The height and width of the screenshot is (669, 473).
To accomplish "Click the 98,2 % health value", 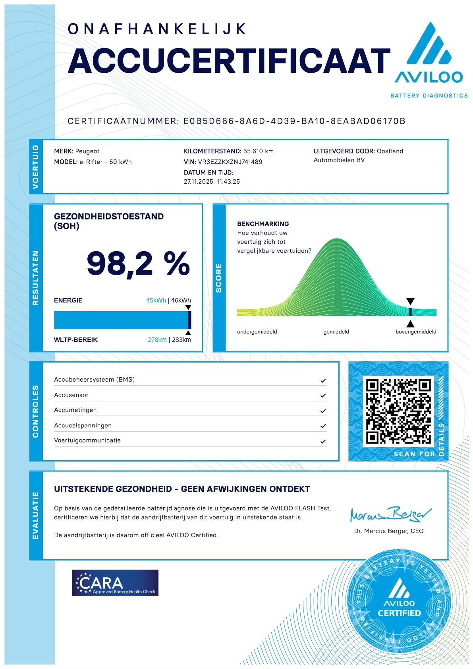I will click(138, 264).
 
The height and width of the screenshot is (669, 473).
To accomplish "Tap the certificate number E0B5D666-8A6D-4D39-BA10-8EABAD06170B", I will click(294, 121).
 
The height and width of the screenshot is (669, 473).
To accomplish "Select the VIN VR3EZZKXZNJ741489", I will click(230, 162).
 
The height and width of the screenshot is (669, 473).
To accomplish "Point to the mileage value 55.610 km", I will click(259, 151).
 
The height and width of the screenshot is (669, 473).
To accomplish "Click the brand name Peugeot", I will click(87, 151).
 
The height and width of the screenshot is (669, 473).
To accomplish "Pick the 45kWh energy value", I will click(156, 301).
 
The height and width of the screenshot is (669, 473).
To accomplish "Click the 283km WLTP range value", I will click(181, 340).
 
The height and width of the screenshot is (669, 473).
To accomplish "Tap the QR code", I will click(398, 411).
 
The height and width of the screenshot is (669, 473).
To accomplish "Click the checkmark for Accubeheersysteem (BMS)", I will click(323, 380).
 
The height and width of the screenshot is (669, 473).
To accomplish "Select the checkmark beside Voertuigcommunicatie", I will click(323, 441).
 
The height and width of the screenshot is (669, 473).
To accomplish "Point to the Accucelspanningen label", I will click(83, 425).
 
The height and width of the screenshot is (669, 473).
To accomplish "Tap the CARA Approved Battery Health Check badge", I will click(115, 583).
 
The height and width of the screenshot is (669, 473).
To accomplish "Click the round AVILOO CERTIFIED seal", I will click(399, 601).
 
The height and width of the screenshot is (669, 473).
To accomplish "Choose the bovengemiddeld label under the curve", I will click(416, 332).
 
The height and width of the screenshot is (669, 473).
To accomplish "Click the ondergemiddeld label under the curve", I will click(257, 332).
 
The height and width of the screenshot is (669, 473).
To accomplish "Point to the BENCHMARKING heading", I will click(263, 224).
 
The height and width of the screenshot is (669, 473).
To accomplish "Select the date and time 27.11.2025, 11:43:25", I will click(212, 182).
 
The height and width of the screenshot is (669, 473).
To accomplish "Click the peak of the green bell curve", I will click(337, 239).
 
